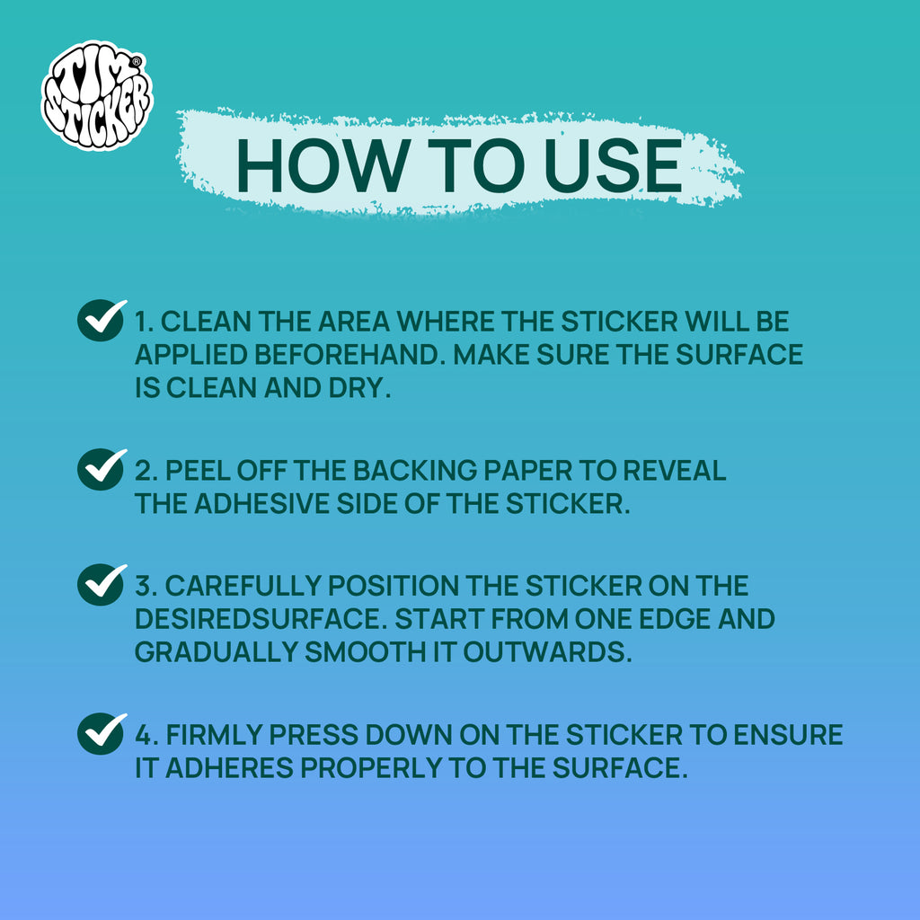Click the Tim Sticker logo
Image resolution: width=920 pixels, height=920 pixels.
97,95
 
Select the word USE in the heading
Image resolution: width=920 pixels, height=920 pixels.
614,166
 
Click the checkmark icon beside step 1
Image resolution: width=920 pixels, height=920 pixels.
102,320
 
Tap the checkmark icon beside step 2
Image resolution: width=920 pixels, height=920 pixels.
102,469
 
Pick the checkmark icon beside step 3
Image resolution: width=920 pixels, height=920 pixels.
102,584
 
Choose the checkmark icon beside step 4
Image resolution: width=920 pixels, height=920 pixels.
102,733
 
